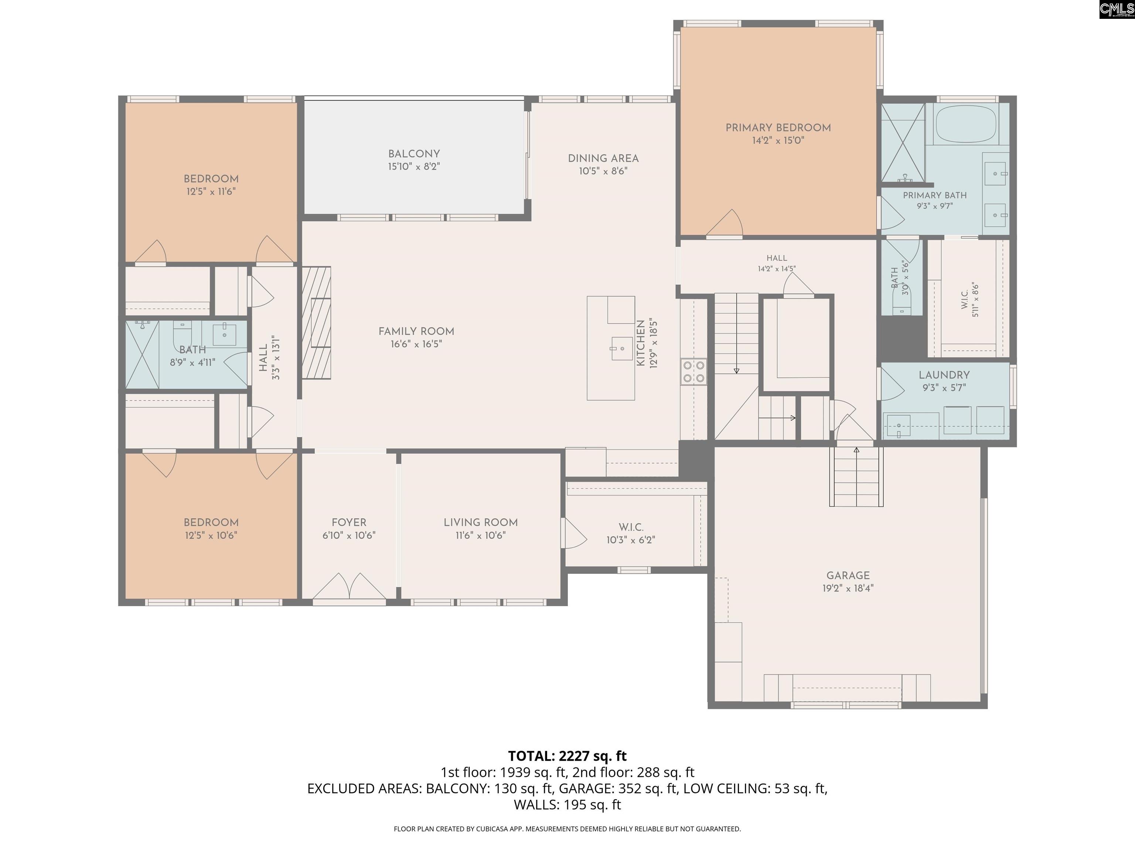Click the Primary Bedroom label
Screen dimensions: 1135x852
pos(778,128)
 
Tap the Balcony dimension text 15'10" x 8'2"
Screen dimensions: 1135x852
pos(414,166)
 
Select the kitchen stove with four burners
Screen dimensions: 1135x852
pos(694,372)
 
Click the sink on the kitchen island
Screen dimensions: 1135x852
pos(621,349)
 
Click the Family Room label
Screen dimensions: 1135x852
pos(416,331)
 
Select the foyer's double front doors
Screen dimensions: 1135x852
pos(349,586)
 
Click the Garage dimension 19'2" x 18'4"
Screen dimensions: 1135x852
pos(848,588)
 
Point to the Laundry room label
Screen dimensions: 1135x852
pos(944,375)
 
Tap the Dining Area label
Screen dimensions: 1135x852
pos(603,158)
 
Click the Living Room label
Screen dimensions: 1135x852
pos(481,522)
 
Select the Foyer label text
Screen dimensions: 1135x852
pos(349,522)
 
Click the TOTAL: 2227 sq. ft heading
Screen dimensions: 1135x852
pos(567,756)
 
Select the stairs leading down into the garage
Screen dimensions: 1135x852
pos(856,477)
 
